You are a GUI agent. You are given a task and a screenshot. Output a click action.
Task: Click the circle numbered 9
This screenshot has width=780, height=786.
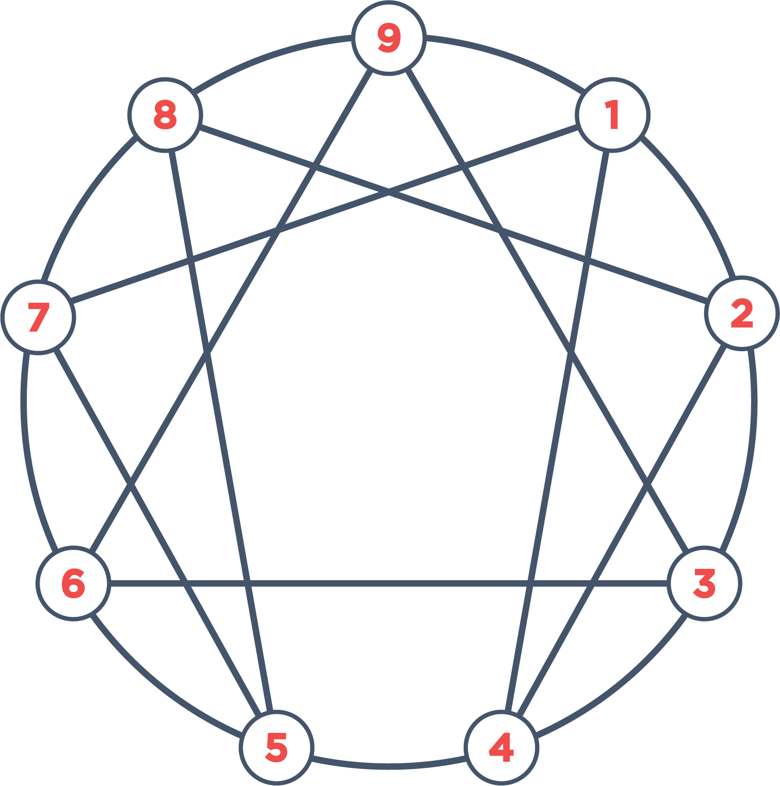click(389, 38)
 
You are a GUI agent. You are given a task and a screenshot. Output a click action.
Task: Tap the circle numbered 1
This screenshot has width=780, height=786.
click(612, 114)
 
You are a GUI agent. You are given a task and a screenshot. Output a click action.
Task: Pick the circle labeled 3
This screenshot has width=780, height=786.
click(704, 583)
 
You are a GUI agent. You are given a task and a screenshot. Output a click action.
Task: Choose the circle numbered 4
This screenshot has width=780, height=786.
click(501, 747)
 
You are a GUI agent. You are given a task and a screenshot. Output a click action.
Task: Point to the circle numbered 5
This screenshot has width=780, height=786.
click(277, 747)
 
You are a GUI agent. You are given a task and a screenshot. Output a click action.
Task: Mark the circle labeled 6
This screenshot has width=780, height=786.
click(73, 583)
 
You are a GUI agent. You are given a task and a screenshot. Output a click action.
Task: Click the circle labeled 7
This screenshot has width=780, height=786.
click(38, 317)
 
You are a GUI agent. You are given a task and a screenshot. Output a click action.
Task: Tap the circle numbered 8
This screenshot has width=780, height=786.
click(165, 114)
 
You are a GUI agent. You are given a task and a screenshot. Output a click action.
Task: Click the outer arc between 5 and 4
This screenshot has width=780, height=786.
click(389, 766)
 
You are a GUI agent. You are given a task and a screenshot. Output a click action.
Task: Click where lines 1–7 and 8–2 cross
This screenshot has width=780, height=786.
click(389, 193)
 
